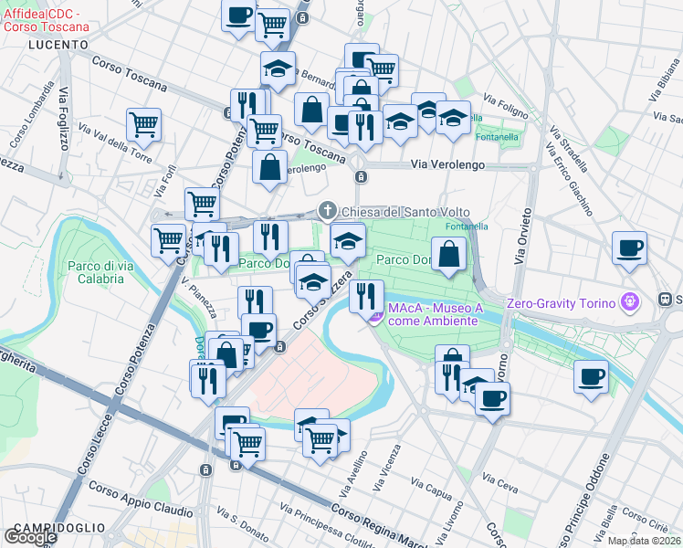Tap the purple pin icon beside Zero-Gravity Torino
click(628, 300)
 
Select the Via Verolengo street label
click(447, 165)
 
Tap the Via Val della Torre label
click(116, 142)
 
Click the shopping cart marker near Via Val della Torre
click(144, 124)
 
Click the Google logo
click(30, 537)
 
